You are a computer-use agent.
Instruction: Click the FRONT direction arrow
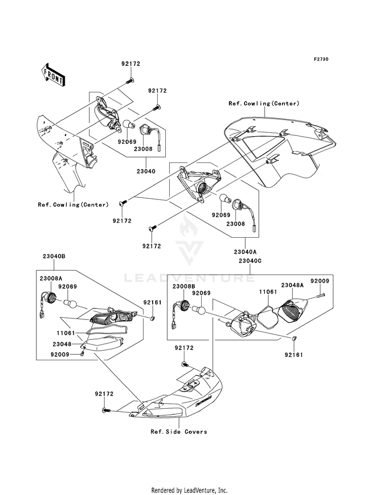pyautogui.click(x=53, y=75)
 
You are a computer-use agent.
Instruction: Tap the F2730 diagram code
pyautogui.click(x=321, y=59)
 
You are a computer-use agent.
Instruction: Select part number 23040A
pyautogui.click(x=245, y=252)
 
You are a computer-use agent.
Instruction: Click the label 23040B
pyautogui.click(x=54, y=256)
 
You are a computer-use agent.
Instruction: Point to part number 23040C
pyautogui.click(x=250, y=261)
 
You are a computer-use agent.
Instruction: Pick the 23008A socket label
pyautogui.click(x=51, y=279)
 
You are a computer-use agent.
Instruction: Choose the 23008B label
pyautogui.click(x=183, y=286)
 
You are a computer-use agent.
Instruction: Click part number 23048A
pyautogui.click(x=292, y=285)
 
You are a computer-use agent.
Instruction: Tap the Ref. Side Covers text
pyautogui.click(x=179, y=431)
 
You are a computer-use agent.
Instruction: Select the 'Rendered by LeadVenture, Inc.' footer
pyautogui.click(x=189, y=490)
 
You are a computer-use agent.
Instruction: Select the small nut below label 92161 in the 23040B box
pyautogui.click(x=152, y=318)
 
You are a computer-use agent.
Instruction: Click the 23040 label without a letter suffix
pyautogui.click(x=146, y=172)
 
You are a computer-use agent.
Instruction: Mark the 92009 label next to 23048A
pyautogui.click(x=319, y=281)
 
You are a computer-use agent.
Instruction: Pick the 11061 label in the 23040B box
pyautogui.click(x=66, y=333)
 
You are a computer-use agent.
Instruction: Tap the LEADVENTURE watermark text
pyautogui.click(x=189, y=278)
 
